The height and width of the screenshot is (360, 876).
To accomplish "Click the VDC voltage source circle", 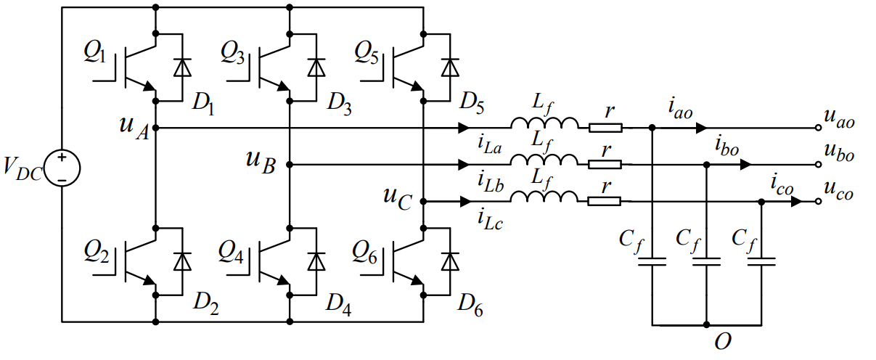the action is point(62,168).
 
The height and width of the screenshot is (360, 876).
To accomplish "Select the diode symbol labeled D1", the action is point(182,67).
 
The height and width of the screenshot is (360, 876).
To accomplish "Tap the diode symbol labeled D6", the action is point(450,261).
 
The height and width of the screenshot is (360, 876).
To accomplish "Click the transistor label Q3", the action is point(233,53).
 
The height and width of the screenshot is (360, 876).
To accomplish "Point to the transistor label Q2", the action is point(97,251).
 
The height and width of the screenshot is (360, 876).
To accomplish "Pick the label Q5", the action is point(367,53).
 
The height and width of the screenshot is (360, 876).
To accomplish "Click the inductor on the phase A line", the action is point(544,123).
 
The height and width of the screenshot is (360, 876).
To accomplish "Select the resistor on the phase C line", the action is point(605,202).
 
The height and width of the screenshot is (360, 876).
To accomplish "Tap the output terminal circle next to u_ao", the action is point(818,128).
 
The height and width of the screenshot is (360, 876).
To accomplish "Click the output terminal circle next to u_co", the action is point(818,202).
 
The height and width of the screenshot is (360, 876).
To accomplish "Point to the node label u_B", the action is point(261,162).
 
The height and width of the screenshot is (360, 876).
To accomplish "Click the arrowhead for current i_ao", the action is point(702,128).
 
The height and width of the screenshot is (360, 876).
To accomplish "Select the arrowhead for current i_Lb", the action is point(464,165).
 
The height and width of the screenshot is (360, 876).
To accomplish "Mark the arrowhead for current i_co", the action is point(796,202).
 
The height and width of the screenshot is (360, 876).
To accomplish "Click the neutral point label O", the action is point(722,343).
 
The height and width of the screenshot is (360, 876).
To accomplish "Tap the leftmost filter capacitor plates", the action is point(652,262).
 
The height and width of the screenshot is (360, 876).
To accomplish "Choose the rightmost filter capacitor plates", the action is point(761,262).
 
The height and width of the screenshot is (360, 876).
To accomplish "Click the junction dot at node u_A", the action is point(155,128).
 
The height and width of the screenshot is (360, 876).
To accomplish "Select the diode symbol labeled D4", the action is point(316,261).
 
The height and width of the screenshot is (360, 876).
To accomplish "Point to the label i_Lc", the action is point(490,220).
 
